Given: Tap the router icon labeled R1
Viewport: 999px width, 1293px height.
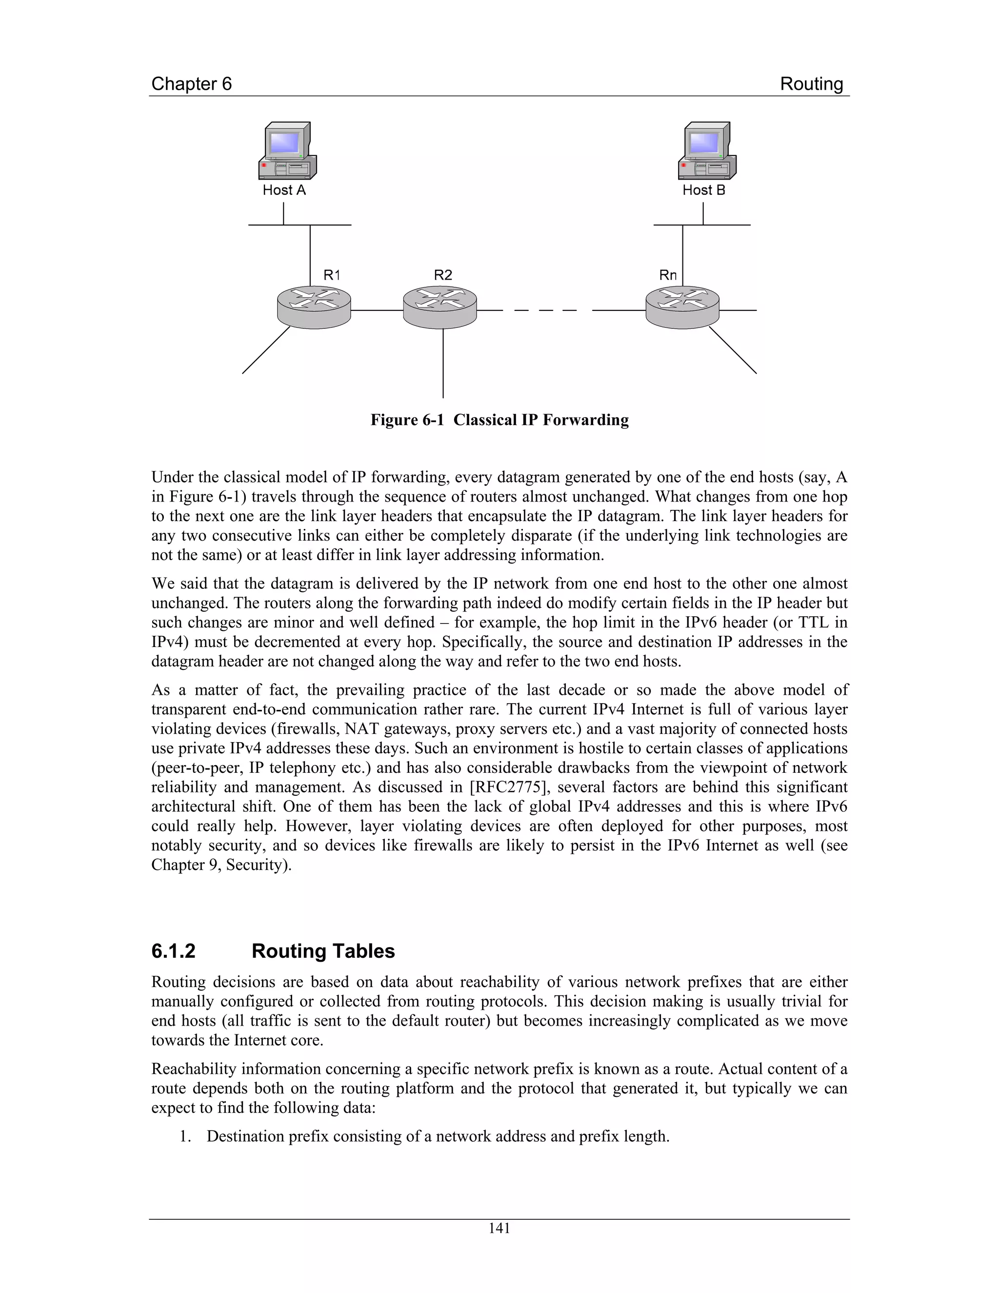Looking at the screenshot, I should tap(314, 307).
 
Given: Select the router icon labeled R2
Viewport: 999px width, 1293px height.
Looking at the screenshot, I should tap(440, 307).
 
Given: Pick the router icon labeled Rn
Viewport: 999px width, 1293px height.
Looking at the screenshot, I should tap(682, 307).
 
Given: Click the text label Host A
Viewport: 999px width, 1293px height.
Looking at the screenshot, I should tap(284, 190).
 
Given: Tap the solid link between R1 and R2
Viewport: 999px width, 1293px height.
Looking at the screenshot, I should tap(377, 310).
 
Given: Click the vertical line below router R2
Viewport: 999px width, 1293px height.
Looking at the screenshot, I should tap(443, 364).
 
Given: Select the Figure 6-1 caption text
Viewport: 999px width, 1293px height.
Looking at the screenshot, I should tap(499, 420).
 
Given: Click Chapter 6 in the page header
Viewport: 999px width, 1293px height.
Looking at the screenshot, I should tap(191, 84).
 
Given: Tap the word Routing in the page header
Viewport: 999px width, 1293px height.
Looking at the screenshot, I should tap(811, 84).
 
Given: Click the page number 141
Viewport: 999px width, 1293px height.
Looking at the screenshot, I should tap(499, 1229).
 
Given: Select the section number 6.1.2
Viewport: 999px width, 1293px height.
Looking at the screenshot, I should tap(173, 951).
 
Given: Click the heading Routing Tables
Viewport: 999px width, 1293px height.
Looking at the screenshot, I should tap(323, 951).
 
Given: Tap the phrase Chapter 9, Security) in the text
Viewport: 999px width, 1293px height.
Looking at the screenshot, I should tap(221, 865).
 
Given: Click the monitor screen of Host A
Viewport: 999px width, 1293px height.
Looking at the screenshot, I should tap(284, 142).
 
